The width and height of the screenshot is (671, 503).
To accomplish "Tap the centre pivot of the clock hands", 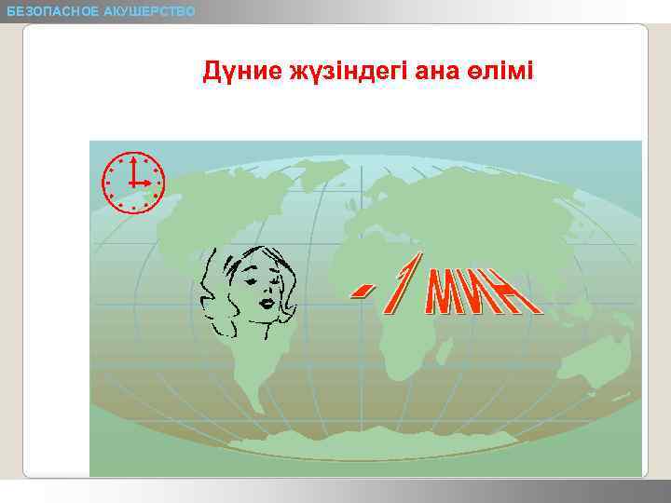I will point(133,183).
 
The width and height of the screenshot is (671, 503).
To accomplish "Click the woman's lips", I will point(267,303).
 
